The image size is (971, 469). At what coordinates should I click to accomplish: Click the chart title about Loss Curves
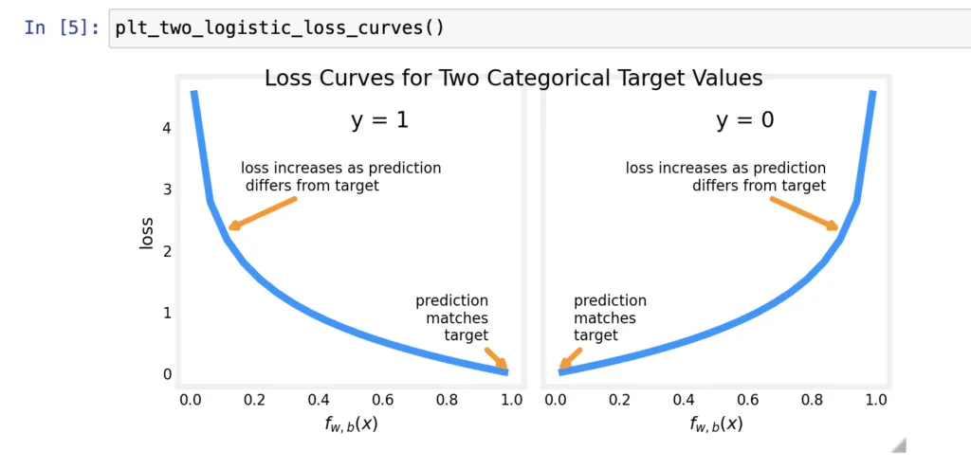point(513,78)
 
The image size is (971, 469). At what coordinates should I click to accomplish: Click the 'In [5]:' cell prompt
point(63,27)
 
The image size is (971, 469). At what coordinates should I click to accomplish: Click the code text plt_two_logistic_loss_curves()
point(280,27)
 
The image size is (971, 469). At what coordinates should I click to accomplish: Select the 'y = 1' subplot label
point(379,120)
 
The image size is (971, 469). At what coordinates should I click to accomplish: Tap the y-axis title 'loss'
point(146,231)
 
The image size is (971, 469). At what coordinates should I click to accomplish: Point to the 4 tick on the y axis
point(167,127)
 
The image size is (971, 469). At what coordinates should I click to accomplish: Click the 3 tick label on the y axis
point(167,189)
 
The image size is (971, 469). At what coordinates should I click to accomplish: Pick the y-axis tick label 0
point(167,374)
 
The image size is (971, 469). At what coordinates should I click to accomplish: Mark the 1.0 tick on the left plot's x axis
point(511,400)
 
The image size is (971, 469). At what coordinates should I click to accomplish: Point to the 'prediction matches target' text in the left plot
point(452,317)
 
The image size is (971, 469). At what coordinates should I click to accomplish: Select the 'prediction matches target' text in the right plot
point(610,317)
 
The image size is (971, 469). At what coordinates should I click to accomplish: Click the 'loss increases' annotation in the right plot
point(725,176)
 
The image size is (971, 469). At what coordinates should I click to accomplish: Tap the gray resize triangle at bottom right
point(899,444)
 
